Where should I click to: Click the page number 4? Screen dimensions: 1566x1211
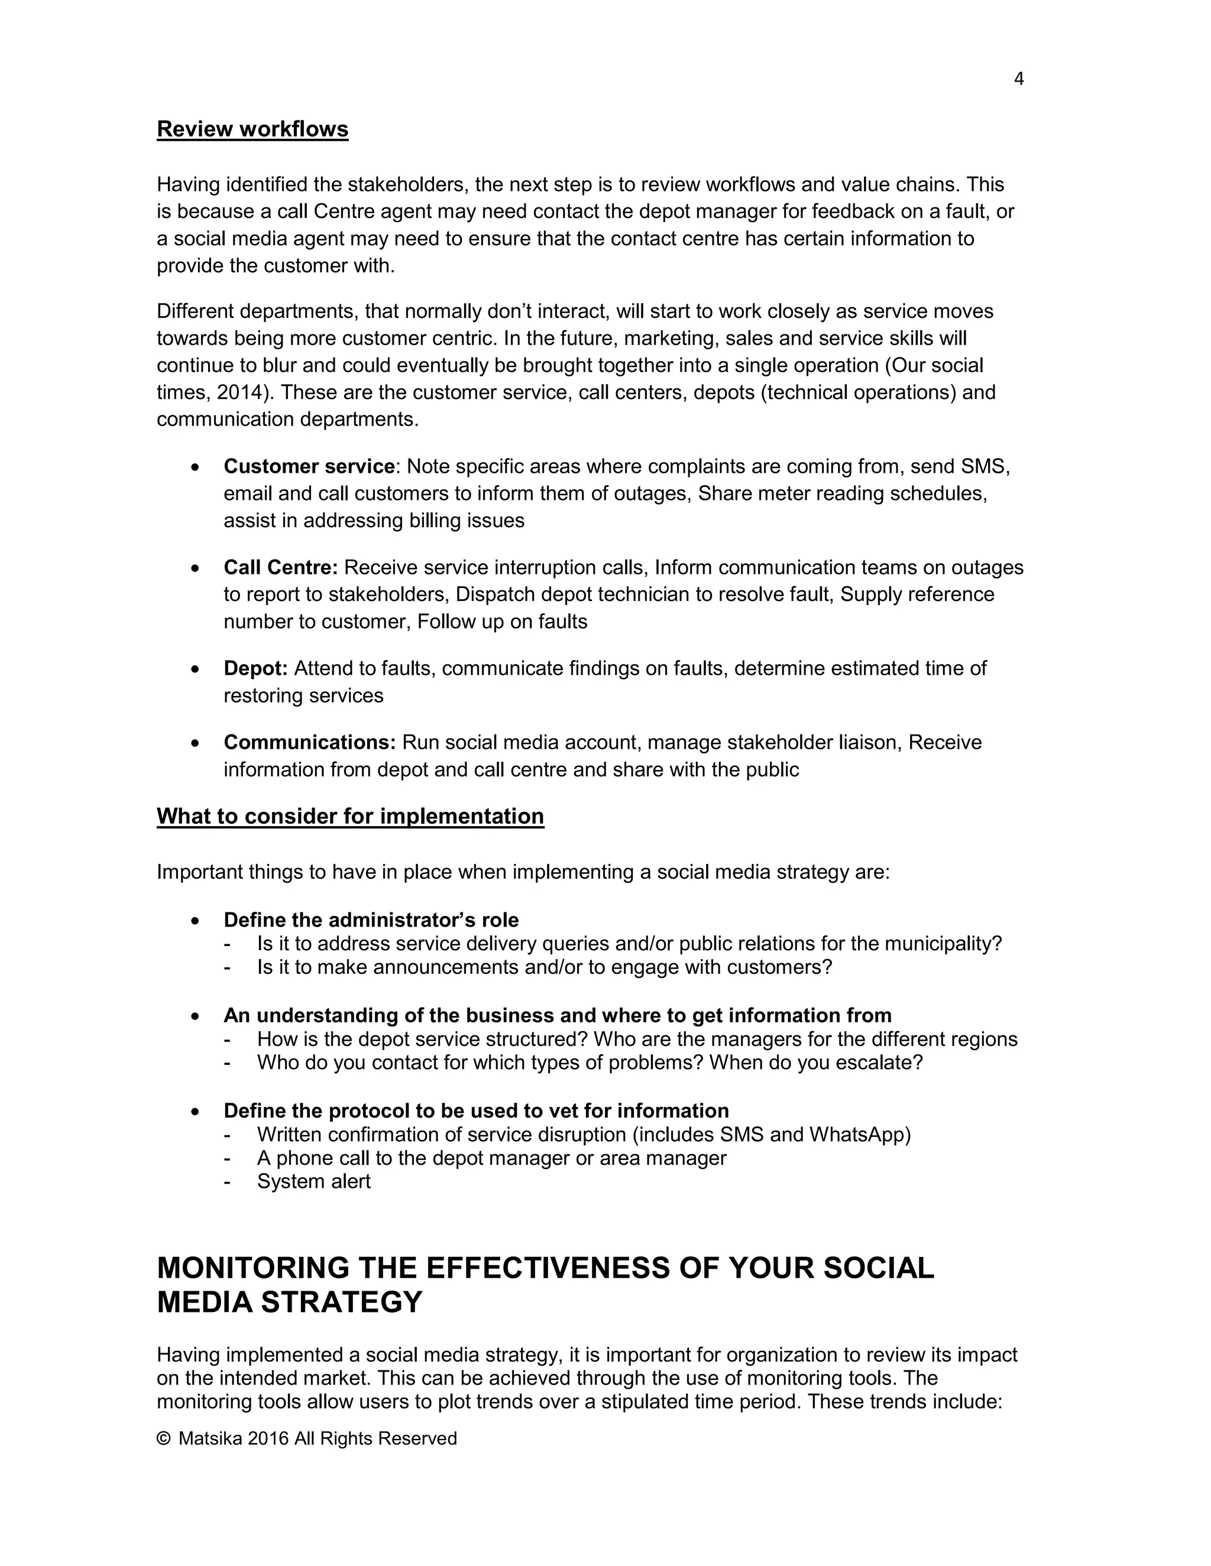[1019, 79]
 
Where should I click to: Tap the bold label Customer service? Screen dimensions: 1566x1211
[309, 467]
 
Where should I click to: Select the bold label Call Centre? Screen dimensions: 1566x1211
[280, 568]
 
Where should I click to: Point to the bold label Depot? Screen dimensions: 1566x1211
[255, 668]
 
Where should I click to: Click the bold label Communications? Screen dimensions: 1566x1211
[310, 742]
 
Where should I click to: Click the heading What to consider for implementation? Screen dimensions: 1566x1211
[350, 816]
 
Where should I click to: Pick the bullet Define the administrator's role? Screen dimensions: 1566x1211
[371, 920]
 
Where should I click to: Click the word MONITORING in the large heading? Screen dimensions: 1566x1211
[252, 1268]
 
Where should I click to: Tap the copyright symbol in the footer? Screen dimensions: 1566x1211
[164, 1438]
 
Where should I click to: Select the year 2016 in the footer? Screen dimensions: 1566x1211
[268, 1438]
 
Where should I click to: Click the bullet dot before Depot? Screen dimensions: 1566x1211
[195, 669]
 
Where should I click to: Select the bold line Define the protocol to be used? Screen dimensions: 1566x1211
[475, 1111]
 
